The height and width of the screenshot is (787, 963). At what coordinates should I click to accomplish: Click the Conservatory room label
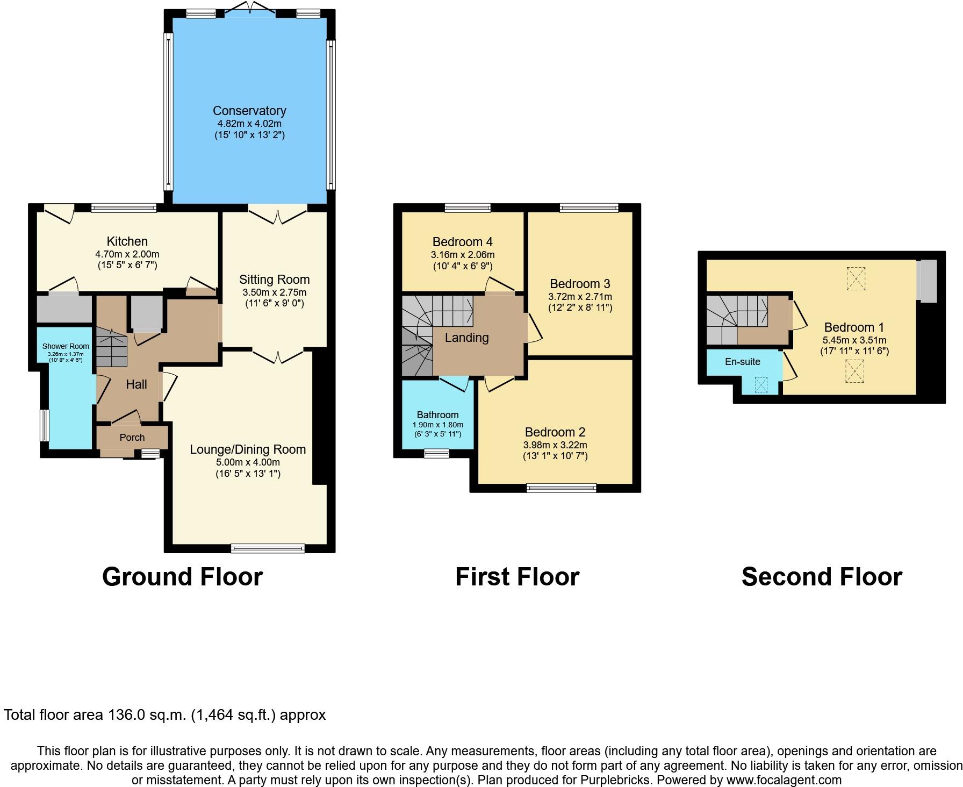coord(249,111)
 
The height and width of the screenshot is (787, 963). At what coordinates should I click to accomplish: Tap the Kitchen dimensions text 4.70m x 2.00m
coord(127,254)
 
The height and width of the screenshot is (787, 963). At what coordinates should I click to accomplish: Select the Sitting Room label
coord(274,280)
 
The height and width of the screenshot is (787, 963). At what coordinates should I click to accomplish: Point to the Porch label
coord(132,438)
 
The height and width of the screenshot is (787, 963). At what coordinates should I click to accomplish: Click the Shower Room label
coord(66,346)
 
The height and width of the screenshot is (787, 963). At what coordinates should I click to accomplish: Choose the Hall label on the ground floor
coord(136,384)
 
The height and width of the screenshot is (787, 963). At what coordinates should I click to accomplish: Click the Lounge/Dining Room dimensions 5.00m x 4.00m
coord(248,462)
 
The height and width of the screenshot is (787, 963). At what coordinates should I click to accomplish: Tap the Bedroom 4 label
coord(462,242)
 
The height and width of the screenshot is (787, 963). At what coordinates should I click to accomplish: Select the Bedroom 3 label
coord(580,284)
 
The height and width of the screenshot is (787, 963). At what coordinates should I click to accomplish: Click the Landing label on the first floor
coord(466,338)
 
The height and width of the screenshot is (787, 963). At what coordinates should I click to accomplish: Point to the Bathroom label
coord(437,415)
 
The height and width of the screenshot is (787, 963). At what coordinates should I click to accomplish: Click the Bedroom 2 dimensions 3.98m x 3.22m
coord(555,445)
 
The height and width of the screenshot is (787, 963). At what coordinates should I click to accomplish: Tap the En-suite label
coord(742,362)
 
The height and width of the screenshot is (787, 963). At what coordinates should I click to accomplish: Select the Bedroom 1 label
coord(854,327)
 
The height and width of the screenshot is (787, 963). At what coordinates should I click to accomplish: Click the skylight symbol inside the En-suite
coord(761,385)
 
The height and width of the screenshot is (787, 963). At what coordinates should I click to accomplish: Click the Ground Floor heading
coord(182,577)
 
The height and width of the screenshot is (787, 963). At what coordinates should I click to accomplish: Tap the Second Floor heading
coord(821,577)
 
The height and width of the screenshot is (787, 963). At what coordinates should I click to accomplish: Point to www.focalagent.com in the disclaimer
coord(784,779)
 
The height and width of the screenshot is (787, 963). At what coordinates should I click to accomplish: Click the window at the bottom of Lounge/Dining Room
coord(268,548)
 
